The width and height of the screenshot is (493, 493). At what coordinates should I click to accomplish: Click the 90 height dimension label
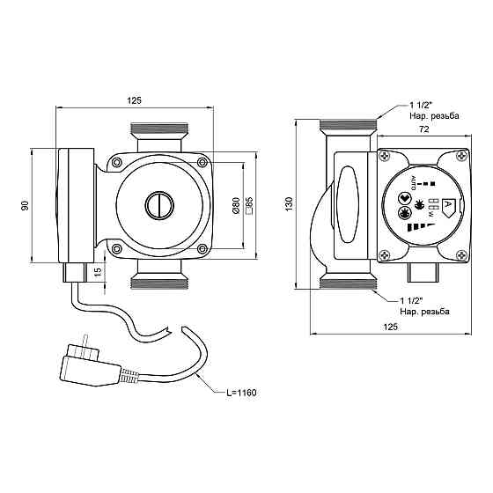(x=26, y=205)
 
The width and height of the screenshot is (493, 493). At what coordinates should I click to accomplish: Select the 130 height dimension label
(x=290, y=203)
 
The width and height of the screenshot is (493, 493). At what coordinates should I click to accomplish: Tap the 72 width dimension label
(x=424, y=129)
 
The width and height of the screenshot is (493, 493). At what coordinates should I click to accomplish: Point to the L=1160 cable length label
(x=241, y=393)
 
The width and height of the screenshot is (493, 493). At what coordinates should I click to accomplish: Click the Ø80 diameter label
(x=236, y=206)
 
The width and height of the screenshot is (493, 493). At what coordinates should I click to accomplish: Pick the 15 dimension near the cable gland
(x=98, y=270)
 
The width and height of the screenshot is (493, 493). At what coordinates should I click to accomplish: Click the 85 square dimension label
(x=249, y=206)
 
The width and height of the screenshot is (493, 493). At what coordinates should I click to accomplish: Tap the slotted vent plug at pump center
(x=159, y=206)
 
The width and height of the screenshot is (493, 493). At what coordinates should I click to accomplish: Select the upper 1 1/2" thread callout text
(x=422, y=105)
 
